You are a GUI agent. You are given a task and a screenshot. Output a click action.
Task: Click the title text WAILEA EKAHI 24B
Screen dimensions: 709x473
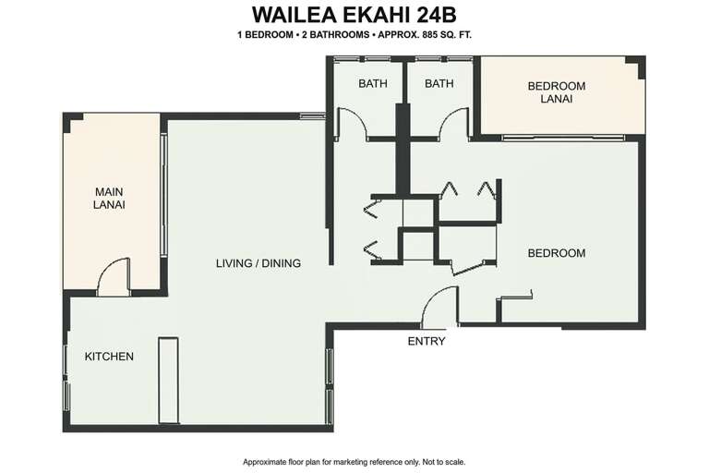click(x=354, y=15)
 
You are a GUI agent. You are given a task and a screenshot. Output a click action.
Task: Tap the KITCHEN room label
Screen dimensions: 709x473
click(x=109, y=357)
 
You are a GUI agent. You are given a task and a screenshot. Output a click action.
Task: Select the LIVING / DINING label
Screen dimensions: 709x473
click(x=258, y=263)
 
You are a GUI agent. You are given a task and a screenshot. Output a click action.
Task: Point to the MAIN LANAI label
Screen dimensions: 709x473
click(x=109, y=199)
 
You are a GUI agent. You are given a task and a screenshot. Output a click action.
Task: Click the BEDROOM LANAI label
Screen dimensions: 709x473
click(x=557, y=91)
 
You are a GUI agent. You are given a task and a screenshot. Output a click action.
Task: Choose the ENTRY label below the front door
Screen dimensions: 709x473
click(x=427, y=341)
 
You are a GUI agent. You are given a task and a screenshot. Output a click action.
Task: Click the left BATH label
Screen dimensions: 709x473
click(x=373, y=83)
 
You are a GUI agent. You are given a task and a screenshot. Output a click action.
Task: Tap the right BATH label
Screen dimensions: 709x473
click(x=439, y=83)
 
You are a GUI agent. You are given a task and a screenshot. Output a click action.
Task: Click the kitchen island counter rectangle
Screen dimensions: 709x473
click(x=168, y=380)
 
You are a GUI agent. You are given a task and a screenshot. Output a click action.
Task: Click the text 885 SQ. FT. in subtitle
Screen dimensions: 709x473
click(x=447, y=34)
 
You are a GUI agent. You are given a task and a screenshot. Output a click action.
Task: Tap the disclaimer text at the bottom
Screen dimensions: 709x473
click(x=354, y=462)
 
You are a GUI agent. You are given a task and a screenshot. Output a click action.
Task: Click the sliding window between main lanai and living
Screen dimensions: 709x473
click(x=164, y=196)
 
